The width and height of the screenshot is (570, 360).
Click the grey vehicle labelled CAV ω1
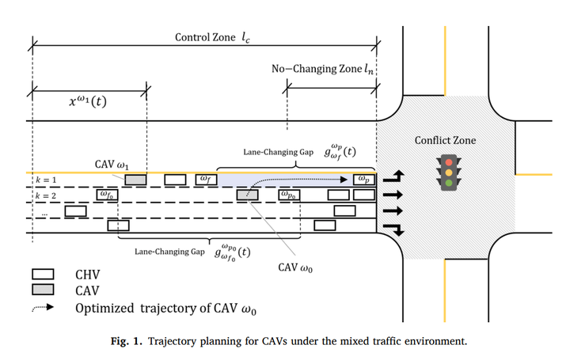point(135,180)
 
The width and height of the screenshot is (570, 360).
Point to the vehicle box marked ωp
point(363,180)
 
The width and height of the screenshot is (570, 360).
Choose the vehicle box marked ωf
point(205,180)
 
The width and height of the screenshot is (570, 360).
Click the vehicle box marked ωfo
point(105,195)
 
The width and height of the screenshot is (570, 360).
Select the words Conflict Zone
point(446,140)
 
